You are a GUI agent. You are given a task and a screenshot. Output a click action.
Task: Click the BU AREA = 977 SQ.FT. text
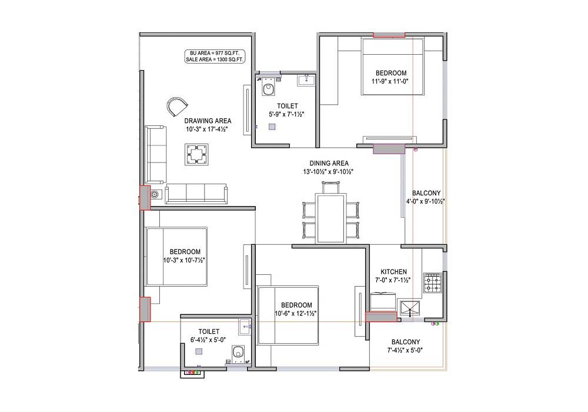tap(215, 54)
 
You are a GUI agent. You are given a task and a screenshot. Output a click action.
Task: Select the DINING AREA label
tap(329, 163)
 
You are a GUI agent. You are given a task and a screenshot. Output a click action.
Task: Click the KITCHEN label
tap(393, 271)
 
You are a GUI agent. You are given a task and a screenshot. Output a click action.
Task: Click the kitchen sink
tap(409, 307)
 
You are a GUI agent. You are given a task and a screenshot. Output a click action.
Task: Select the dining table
tap(330, 218)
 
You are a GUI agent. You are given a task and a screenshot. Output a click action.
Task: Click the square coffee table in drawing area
tap(196, 155)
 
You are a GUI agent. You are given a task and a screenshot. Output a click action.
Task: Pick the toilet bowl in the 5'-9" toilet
tap(269, 89)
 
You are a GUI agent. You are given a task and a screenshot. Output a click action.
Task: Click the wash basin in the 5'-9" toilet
tap(306, 80)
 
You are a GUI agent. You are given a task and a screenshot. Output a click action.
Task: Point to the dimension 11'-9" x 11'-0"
tap(390, 81)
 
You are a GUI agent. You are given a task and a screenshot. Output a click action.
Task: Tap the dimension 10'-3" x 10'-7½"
tap(185, 260)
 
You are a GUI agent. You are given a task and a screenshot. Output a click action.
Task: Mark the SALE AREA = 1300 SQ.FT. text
tap(215, 60)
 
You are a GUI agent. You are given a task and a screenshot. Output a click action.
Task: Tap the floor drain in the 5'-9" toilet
tap(272, 126)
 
